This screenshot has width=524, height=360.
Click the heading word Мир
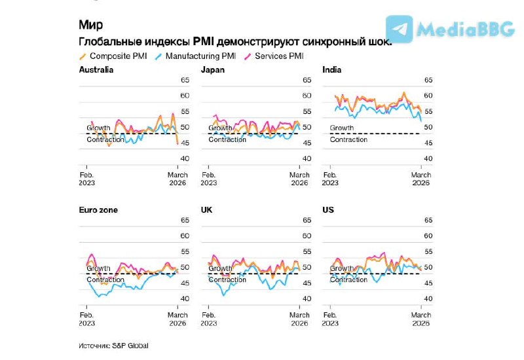[90, 25]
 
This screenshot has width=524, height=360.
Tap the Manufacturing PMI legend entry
[196, 56]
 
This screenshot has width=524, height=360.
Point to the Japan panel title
[213, 69]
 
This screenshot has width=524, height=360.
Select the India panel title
[331, 69]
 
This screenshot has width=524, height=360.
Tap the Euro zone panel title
[98, 210]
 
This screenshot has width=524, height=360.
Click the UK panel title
[207, 210]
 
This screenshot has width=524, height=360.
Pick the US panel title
[329, 210]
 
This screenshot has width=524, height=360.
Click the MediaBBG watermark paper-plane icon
[399, 29]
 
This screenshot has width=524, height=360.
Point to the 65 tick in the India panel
[429, 81]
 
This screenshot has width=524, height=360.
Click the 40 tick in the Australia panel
[184, 158]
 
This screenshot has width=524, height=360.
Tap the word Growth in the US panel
[342, 268]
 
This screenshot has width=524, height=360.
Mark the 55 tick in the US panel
[429, 251]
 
